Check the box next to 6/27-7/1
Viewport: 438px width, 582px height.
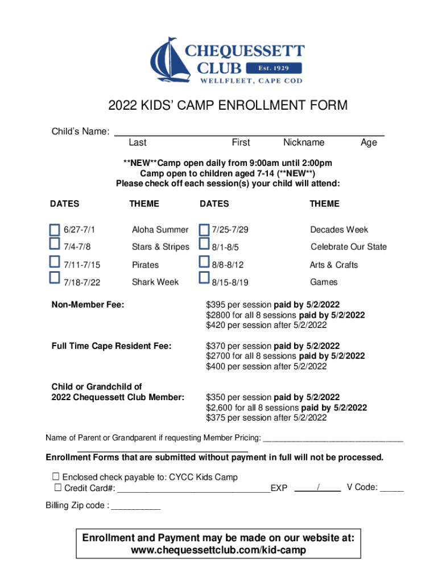click(55, 230)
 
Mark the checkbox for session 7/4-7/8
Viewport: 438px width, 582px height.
click(55, 244)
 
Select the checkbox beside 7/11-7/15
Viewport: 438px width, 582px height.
click(55, 262)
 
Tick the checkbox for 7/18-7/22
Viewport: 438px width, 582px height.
click(55, 278)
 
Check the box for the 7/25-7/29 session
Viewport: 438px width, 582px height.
click(204, 230)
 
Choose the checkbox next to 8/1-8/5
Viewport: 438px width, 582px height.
click(204, 244)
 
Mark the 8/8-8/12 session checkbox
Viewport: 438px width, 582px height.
click(204, 262)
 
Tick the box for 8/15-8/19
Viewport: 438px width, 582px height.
click(204, 278)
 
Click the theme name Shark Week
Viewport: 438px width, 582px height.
click(155, 282)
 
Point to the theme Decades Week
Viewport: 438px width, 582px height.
click(339, 230)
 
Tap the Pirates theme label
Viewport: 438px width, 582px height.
click(146, 265)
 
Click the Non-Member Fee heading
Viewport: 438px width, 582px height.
click(88, 305)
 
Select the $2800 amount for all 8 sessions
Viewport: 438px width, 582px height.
click(217, 315)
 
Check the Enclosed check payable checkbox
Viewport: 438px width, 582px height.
click(56, 476)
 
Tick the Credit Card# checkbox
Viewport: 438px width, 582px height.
click(58, 488)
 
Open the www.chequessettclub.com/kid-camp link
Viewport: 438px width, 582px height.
click(218, 550)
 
